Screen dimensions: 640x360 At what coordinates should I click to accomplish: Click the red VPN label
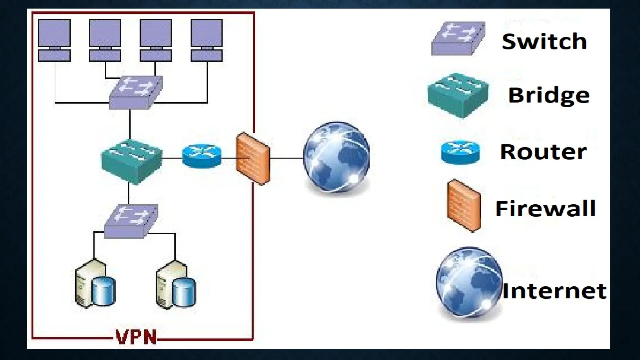click(x=136, y=337)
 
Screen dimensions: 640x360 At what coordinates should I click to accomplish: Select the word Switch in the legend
click(x=544, y=41)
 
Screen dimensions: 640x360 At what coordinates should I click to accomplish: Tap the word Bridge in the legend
click(x=549, y=95)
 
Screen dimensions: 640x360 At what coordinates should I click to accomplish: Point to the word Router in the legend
click(x=543, y=152)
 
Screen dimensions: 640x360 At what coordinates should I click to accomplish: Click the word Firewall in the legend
click(x=546, y=208)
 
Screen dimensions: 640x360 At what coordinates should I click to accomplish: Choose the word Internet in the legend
click(x=554, y=291)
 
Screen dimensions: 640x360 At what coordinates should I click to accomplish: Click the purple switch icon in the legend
click(x=458, y=38)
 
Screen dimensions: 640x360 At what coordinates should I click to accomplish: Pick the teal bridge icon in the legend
click(x=458, y=95)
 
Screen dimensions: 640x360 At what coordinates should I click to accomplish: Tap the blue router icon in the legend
click(x=460, y=152)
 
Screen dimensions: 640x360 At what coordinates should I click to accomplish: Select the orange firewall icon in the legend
click(x=464, y=206)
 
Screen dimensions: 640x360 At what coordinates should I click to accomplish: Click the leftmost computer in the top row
click(x=54, y=40)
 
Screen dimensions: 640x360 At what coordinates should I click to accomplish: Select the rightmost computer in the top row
click(x=207, y=40)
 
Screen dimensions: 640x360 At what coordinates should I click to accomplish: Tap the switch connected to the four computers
click(x=135, y=92)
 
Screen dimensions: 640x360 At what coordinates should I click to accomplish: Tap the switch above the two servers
click(x=131, y=221)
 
